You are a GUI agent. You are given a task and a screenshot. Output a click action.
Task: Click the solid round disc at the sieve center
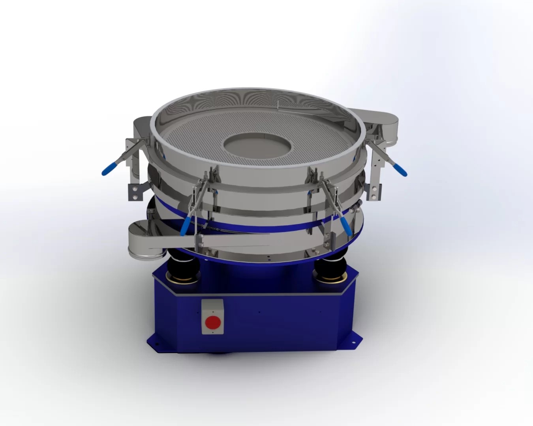257,146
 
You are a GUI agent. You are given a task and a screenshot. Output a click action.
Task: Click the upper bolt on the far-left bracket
135,189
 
